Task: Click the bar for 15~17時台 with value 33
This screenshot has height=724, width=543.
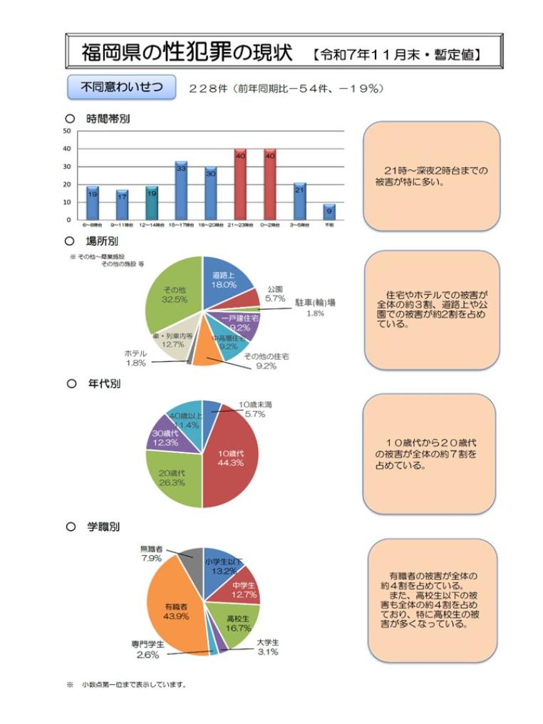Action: point(181,190)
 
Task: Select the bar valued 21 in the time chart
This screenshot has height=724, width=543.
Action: point(299,201)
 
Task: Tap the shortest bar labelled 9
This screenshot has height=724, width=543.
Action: point(329,212)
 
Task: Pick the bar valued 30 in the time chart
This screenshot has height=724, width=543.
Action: point(211,193)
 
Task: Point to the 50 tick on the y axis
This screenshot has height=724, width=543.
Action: point(67,131)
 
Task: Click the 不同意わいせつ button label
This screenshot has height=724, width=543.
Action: point(121,88)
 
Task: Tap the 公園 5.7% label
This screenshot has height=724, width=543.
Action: point(275,294)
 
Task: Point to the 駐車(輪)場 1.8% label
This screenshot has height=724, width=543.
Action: point(315,307)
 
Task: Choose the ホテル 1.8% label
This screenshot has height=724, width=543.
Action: point(135,358)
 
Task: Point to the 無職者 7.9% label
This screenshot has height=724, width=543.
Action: point(151,554)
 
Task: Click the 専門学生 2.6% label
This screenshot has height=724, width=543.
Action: point(147,648)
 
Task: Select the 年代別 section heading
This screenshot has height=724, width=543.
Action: point(103,384)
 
